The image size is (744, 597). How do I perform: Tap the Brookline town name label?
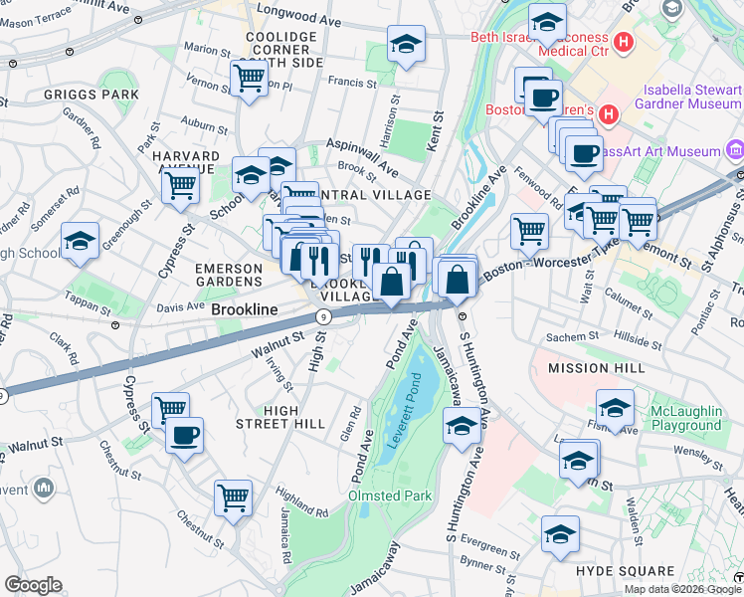click(243, 310)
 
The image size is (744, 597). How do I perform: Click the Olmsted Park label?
click(387, 496)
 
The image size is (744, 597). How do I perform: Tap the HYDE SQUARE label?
click(625, 571)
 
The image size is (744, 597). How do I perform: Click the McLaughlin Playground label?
click(700, 417)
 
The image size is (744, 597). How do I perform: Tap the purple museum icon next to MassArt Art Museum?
click(735, 150)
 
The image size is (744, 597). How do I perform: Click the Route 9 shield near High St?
click(323, 316)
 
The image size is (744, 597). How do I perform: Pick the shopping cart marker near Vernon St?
click(248, 77)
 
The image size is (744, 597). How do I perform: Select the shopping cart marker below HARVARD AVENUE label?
click(180, 185)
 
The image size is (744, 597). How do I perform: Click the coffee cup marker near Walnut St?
click(184, 435)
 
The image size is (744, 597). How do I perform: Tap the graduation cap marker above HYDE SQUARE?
click(560, 533)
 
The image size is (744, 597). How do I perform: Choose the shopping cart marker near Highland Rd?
click(233, 497)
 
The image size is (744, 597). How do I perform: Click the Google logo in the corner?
click(34, 585)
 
